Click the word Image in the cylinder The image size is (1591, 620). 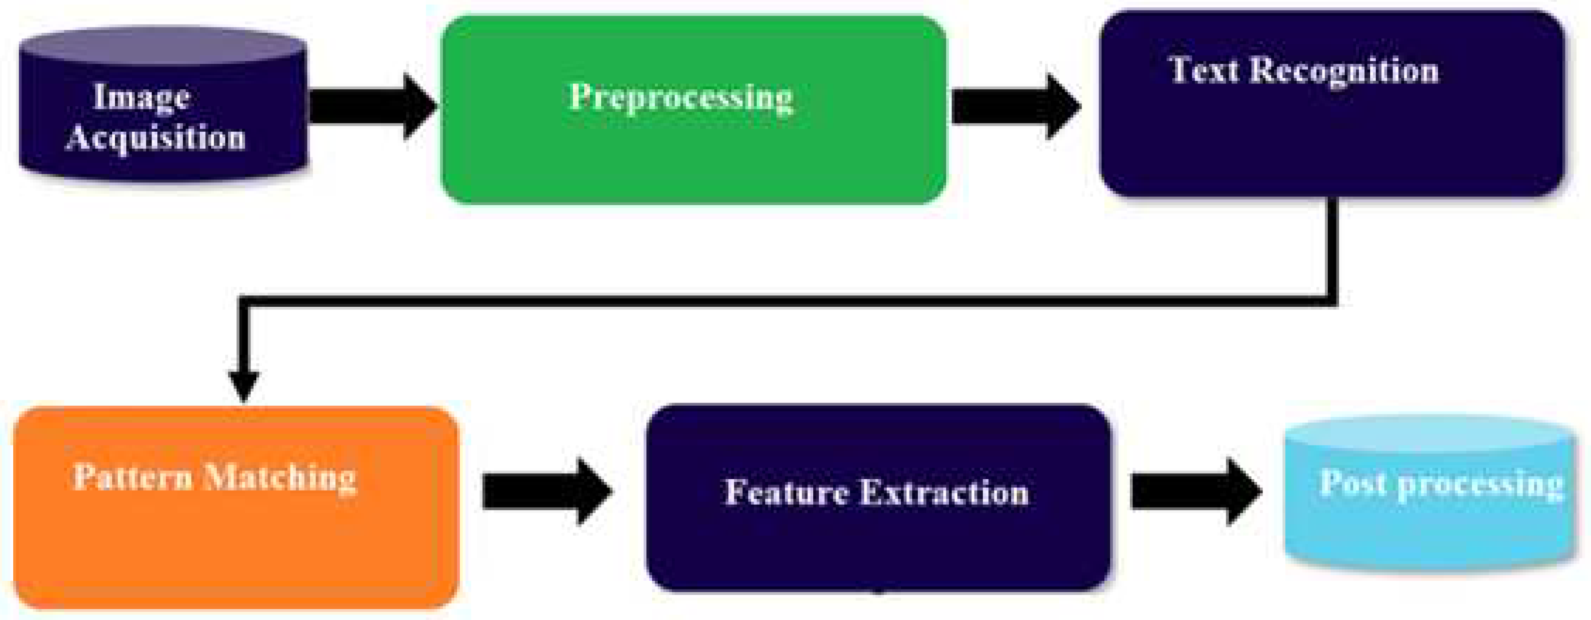[141, 98]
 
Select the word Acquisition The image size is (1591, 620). [156, 137]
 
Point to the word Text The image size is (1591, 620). [1204, 69]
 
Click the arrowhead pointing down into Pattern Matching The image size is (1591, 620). [244, 386]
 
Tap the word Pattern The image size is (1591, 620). [133, 477]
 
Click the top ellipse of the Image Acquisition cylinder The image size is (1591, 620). [163, 47]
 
